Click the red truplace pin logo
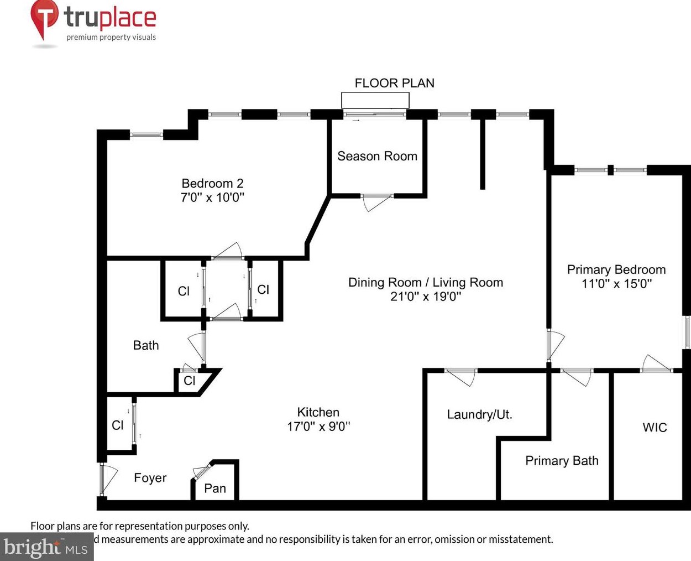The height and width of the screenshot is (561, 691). [x=44, y=18]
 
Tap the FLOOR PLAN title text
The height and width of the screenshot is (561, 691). [x=394, y=83]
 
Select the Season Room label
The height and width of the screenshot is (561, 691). [x=377, y=156]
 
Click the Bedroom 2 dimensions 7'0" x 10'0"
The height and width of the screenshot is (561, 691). [x=212, y=198]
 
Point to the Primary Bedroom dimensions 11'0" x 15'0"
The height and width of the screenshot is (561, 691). [x=616, y=284]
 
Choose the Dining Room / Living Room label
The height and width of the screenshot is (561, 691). [x=425, y=282]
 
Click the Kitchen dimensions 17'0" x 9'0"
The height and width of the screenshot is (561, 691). [x=318, y=427]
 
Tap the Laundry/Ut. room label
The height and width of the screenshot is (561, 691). [x=479, y=414]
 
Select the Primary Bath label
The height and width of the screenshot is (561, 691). [x=562, y=461]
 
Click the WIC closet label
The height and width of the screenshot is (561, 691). [x=655, y=427]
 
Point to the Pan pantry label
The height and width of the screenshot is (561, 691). [x=215, y=488]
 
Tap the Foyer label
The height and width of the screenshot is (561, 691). [x=150, y=478]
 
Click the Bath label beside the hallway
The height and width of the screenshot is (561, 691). [x=146, y=345]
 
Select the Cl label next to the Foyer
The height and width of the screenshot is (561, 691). [x=117, y=425]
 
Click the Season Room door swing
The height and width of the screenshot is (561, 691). [x=376, y=203]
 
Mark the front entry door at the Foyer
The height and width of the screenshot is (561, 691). [x=106, y=479]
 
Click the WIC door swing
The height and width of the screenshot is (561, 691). [x=657, y=363]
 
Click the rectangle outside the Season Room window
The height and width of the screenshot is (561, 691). [x=375, y=100]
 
